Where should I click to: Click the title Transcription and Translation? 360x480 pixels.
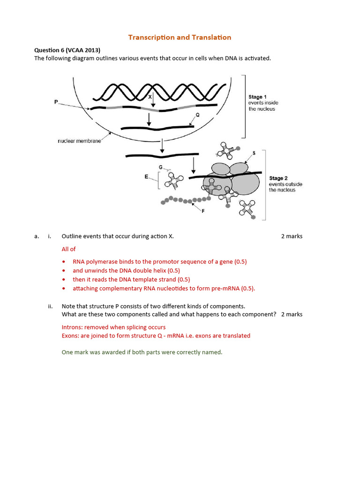(180, 37)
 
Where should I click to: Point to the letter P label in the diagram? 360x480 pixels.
(56, 101)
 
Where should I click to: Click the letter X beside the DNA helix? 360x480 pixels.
(150, 97)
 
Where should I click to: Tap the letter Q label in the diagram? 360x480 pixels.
(197, 115)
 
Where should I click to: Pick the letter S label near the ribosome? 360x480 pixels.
(254, 153)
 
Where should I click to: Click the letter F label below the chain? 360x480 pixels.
(203, 211)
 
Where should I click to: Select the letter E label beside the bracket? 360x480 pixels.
(146, 177)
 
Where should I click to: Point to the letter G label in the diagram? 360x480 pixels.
(161, 167)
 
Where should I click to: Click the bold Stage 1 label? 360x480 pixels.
(257, 97)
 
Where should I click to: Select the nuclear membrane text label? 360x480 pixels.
(79, 141)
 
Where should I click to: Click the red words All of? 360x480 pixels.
(68, 249)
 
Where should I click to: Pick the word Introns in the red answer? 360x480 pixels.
(72, 327)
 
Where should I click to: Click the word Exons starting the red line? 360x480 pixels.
(70, 336)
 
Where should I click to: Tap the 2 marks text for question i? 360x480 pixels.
(292, 236)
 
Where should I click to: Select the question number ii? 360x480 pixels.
(50, 307)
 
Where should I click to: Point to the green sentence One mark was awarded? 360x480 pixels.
(142, 352)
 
